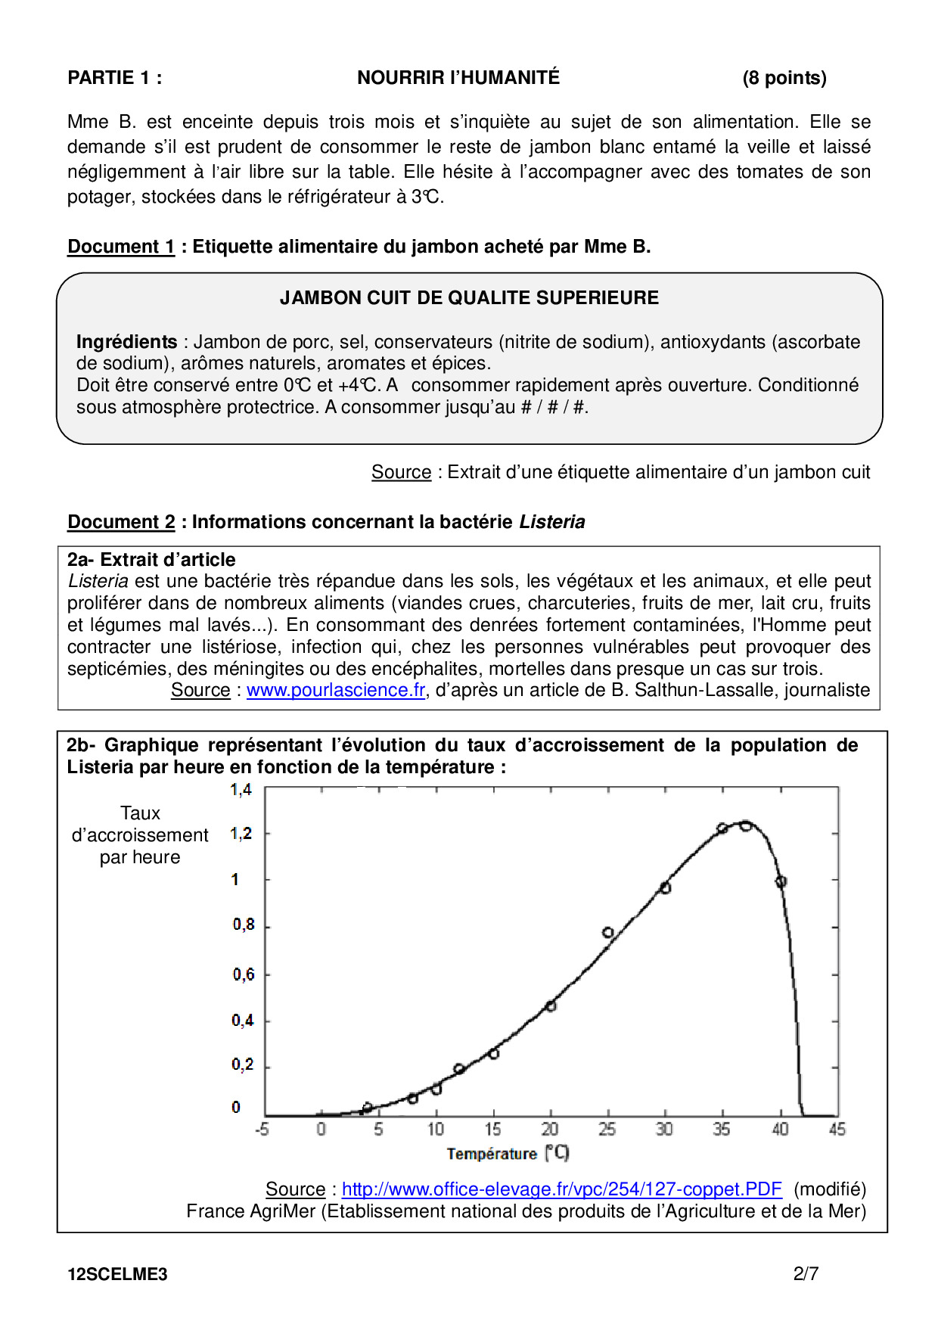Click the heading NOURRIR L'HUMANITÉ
458,78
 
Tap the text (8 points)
784,78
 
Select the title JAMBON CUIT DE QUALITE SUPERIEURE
469,298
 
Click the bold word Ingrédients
126,342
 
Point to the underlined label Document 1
121,247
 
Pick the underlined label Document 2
121,522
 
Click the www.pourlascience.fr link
336,690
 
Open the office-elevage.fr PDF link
561,1189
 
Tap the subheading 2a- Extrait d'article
151,560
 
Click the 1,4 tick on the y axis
241,791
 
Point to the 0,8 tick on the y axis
243,925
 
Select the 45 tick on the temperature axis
837,1130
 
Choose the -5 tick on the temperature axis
262,1130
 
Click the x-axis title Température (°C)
508,1154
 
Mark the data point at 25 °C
608,933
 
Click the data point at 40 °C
781,881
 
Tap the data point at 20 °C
551,1006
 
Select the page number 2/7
806,1274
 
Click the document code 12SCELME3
117,1274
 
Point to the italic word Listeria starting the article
98,581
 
